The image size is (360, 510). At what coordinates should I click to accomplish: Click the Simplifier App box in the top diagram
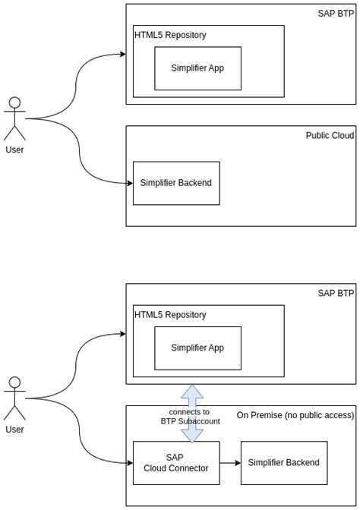(197, 68)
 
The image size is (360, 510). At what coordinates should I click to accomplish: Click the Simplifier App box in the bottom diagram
(197, 348)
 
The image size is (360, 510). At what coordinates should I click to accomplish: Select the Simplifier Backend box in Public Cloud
(176, 183)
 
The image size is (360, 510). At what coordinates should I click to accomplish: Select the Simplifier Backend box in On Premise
(284, 463)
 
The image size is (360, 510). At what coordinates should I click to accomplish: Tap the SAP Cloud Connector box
(176, 463)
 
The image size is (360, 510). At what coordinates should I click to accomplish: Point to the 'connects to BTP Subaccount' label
(190, 417)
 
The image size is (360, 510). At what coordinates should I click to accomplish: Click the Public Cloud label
(330, 136)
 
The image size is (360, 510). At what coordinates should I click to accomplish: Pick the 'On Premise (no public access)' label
(295, 415)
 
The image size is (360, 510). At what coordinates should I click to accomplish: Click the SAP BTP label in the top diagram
(336, 14)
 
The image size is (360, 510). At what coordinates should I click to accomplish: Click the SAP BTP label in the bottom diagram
(336, 293)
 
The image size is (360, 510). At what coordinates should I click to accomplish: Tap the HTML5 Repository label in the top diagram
(170, 35)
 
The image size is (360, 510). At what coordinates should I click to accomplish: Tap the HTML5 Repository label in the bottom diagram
(170, 315)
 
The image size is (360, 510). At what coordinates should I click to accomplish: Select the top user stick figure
(14, 118)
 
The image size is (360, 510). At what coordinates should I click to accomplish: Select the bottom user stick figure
(14, 397)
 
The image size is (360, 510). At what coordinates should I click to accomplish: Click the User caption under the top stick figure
(14, 150)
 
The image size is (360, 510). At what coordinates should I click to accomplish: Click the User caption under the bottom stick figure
(14, 430)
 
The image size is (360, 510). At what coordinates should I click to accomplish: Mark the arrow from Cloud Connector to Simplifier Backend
(230, 463)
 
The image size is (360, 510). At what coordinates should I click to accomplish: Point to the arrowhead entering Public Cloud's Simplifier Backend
(129, 183)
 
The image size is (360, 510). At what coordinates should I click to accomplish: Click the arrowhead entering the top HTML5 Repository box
(122, 54)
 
